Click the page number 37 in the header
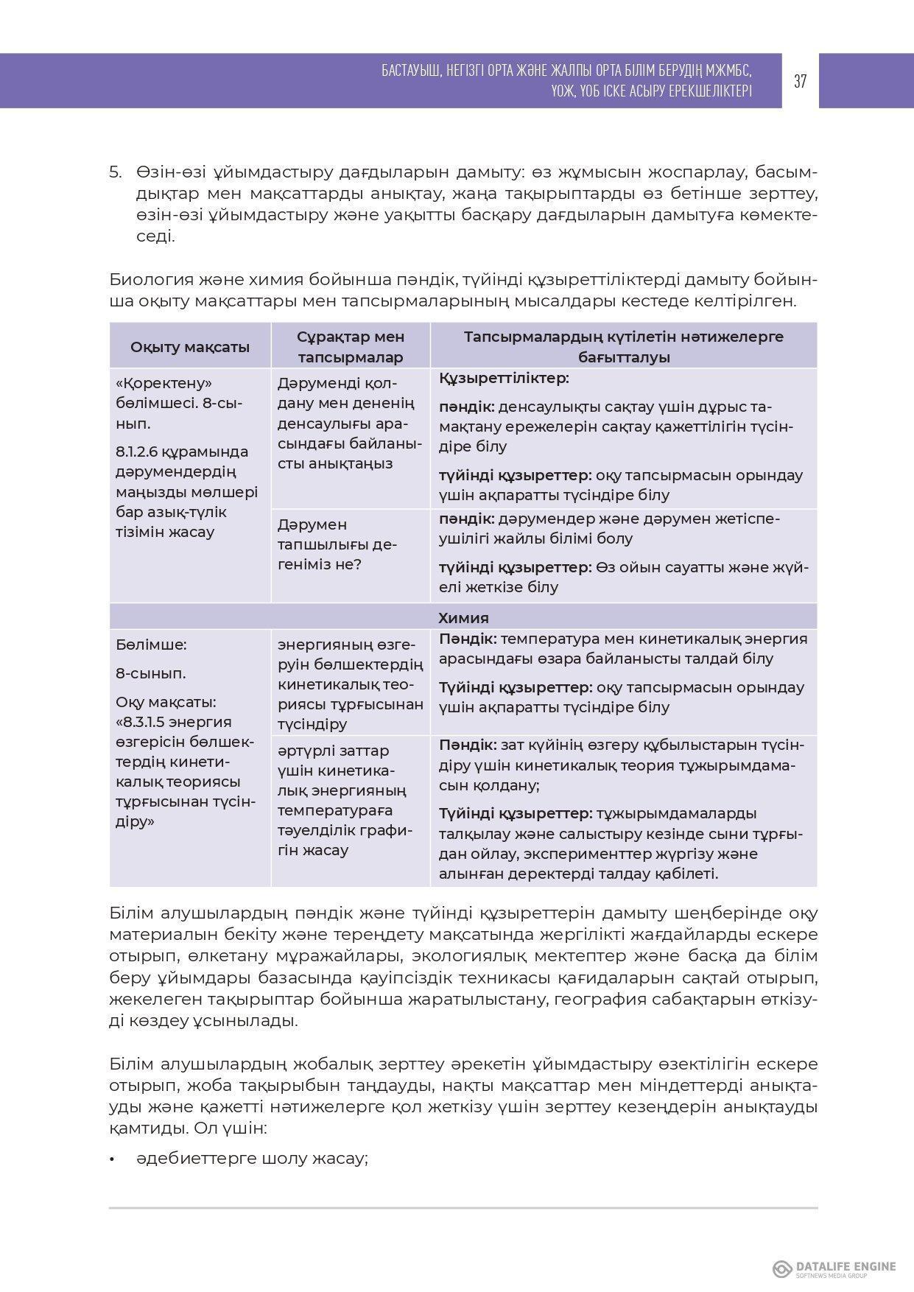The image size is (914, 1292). point(800,81)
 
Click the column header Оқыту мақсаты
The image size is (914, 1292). point(189,347)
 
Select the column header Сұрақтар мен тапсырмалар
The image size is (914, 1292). point(351,346)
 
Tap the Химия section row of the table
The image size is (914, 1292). point(463,617)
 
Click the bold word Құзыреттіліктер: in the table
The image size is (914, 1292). point(504,378)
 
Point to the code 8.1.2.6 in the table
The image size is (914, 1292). point(137,452)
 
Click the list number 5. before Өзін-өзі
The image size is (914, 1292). point(116,172)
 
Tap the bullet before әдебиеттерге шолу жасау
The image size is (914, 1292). point(113,1159)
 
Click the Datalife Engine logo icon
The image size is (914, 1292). point(782,1268)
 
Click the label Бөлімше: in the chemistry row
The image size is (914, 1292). point(151,645)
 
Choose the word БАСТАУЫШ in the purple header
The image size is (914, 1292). point(410,71)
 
